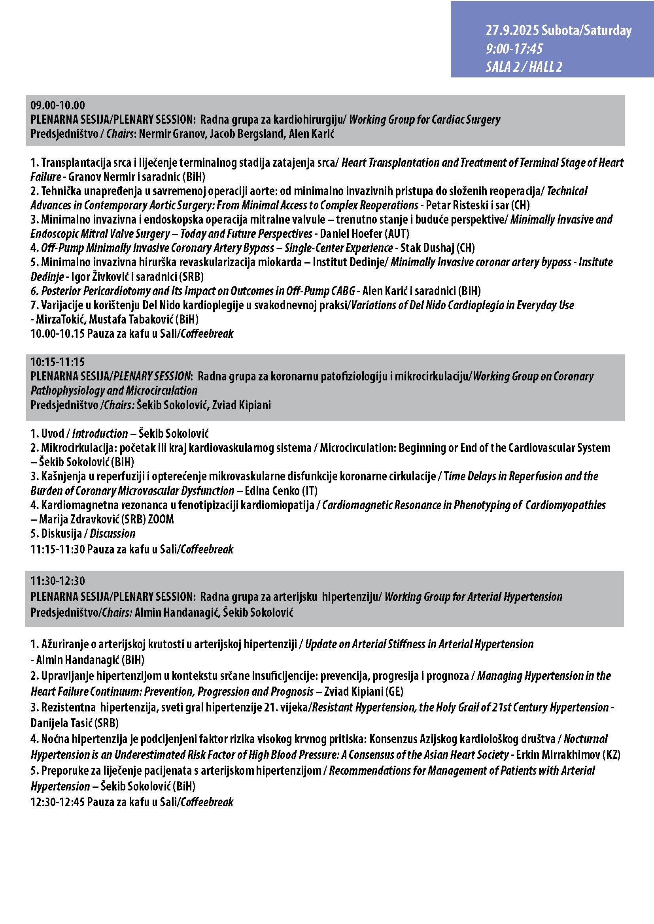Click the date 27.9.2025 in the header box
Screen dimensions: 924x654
pos(512,30)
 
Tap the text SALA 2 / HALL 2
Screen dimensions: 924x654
pos(524,67)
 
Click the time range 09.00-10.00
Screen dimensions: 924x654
pos(58,105)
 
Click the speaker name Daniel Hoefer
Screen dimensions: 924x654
pos(351,234)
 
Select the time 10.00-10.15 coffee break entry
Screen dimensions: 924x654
pos(58,334)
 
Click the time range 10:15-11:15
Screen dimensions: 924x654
pos(58,362)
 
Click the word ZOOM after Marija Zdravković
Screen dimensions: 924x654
pos(161,519)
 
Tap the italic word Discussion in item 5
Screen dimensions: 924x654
pos(112,534)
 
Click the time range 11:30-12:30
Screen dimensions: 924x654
pos(58,581)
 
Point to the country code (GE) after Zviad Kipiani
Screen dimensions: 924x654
pos(394,692)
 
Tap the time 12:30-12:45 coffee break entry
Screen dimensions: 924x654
pos(58,802)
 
